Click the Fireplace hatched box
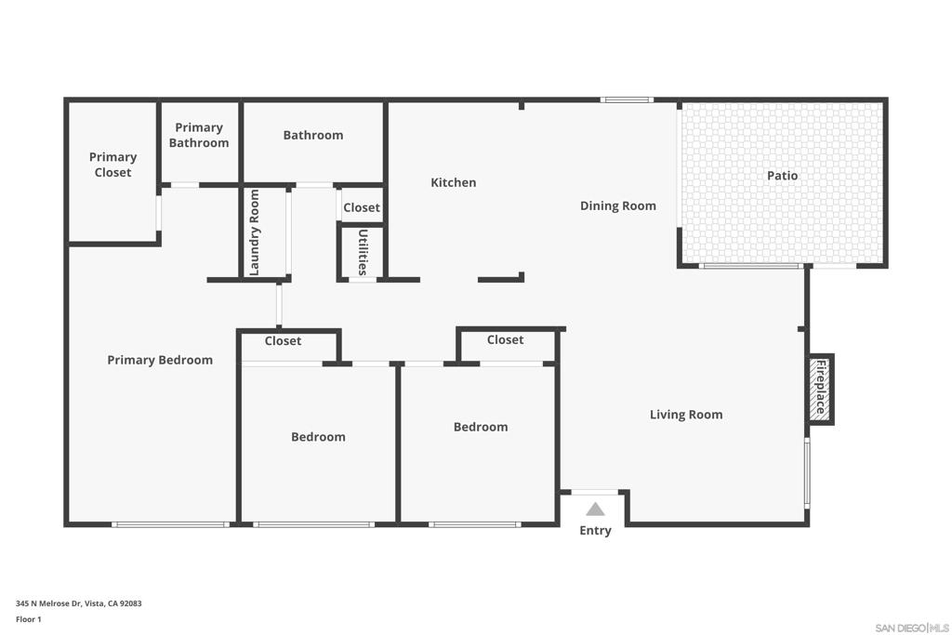[820, 390]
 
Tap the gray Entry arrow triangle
[595, 509]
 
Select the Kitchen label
[453, 182]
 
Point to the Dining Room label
[618, 205]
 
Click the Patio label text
[782, 176]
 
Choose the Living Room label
[686, 415]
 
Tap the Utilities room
[362, 252]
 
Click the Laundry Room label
[255, 232]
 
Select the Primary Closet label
[112, 165]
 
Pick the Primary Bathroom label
[199, 135]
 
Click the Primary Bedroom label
[160, 360]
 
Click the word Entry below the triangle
[595, 531]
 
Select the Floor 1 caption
[29, 619]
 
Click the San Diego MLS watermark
[912, 628]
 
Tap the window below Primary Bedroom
[171, 524]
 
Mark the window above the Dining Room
[628, 99]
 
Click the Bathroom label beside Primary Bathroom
[313, 135]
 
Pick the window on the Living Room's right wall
[807, 473]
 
